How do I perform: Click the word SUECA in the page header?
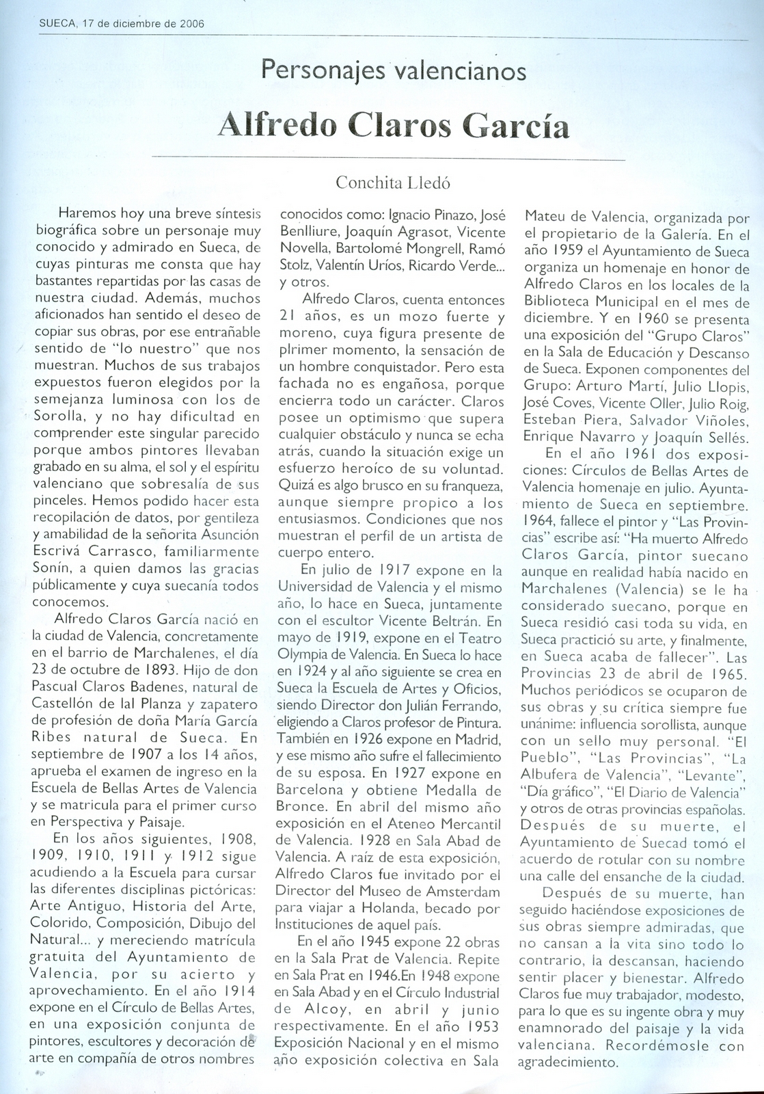click(x=57, y=23)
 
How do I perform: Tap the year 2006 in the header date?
click(x=195, y=23)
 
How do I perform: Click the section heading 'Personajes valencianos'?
click(x=394, y=71)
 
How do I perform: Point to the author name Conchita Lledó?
click(x=394, y=183)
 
